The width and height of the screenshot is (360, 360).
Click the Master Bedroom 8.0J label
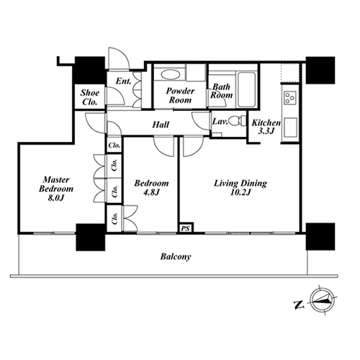[x=56, y=189]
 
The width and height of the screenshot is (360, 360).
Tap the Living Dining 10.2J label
[x=240, y=188]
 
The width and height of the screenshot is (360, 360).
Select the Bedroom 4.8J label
[x=151, y=187]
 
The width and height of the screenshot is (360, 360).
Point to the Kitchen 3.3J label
[x=266, y=127]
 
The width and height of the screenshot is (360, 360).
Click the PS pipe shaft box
[x=185, y=228]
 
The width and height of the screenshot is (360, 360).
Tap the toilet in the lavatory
[x=238, y=121]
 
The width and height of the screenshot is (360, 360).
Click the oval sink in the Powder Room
[x=170, y=74]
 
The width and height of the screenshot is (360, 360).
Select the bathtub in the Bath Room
[x=246, y=89]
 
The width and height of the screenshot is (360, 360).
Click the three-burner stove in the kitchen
[x=289, y=98]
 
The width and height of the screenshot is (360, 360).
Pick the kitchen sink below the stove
[x=290, y=127]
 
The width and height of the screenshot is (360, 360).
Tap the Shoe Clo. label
[x=90, y=97]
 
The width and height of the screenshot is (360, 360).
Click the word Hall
[x=161, y=125]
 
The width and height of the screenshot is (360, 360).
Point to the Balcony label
[x=176, y=257]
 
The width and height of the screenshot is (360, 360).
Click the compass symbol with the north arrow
[x=322, y=300]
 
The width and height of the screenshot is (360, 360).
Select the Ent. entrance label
[x=124, y=81]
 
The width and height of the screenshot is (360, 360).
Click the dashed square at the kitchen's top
[x=290, y=73]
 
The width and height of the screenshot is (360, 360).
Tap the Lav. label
[x=220, y=121]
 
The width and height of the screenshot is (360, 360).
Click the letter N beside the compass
[x=299, y=305]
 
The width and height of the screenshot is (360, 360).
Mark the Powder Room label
[x=180, y=95]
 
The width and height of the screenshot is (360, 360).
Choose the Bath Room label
[x=221, y=91]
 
